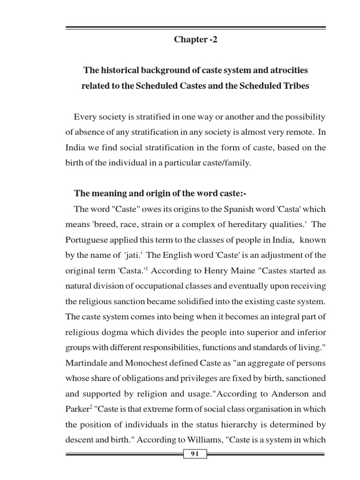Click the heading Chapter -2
click(x=195, y=40)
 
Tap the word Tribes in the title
click(x=296, y=86)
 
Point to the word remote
click(x=300, y=132)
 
